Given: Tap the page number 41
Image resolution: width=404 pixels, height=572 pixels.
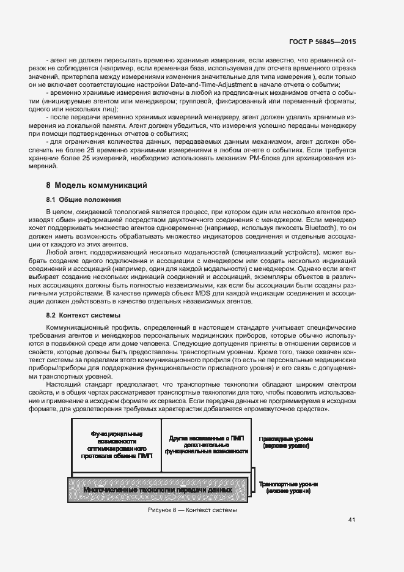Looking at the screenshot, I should tap(351, 520).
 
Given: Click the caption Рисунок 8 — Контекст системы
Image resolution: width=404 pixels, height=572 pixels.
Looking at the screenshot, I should tap(192, 510).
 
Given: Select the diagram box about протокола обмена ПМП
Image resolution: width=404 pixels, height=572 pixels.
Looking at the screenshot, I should tap(116, 445).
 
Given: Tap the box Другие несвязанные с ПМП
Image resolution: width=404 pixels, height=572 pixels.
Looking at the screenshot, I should tap(207, 445).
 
